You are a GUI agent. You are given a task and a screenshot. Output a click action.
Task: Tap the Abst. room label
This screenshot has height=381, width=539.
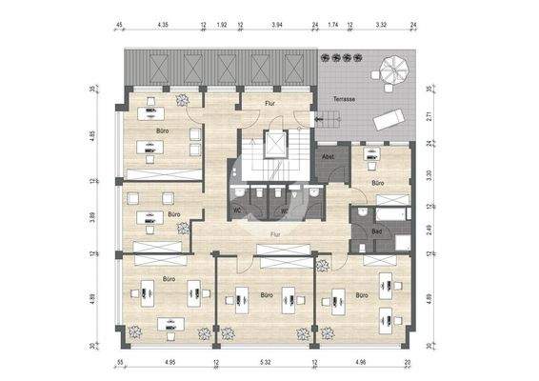329,157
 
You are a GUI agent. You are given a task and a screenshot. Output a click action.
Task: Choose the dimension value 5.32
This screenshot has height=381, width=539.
266,363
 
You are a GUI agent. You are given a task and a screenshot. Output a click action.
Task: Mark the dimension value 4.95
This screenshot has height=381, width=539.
170,363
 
